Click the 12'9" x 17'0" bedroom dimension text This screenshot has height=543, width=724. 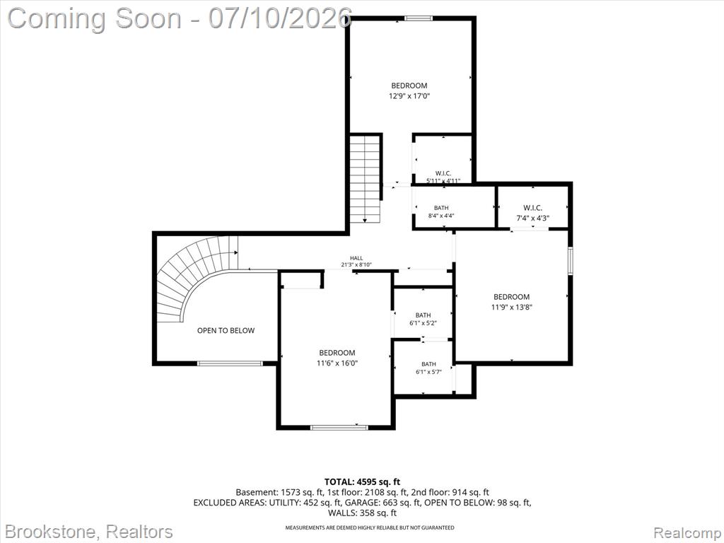(409, 96)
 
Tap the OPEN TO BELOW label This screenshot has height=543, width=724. (226, 330)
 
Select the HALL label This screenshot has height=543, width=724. (356, 258)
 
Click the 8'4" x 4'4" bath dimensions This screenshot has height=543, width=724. (441, 216)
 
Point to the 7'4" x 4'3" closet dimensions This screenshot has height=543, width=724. (532, 218)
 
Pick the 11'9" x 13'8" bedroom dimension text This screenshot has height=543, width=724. (512, 307)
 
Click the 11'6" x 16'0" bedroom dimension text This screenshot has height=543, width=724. (337, 363)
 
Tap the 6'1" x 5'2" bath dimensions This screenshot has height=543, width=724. (423, 323)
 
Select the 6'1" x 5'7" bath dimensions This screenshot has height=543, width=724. (428, 372)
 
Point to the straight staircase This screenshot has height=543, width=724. (365, 179)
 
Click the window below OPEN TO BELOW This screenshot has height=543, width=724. (230, 363)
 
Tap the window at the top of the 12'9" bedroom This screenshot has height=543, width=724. (419, 18)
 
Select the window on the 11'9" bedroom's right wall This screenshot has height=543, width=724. (571, 261)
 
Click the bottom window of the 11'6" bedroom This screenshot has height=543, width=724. (339, 428)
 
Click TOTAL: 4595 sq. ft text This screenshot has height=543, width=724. (362, 482)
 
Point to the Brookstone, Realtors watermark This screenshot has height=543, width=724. (88, 532)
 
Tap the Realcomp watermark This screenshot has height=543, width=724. (686, 533)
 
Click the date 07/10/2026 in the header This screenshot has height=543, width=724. (280, 18)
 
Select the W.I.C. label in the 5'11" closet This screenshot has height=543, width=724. (443, 173)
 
